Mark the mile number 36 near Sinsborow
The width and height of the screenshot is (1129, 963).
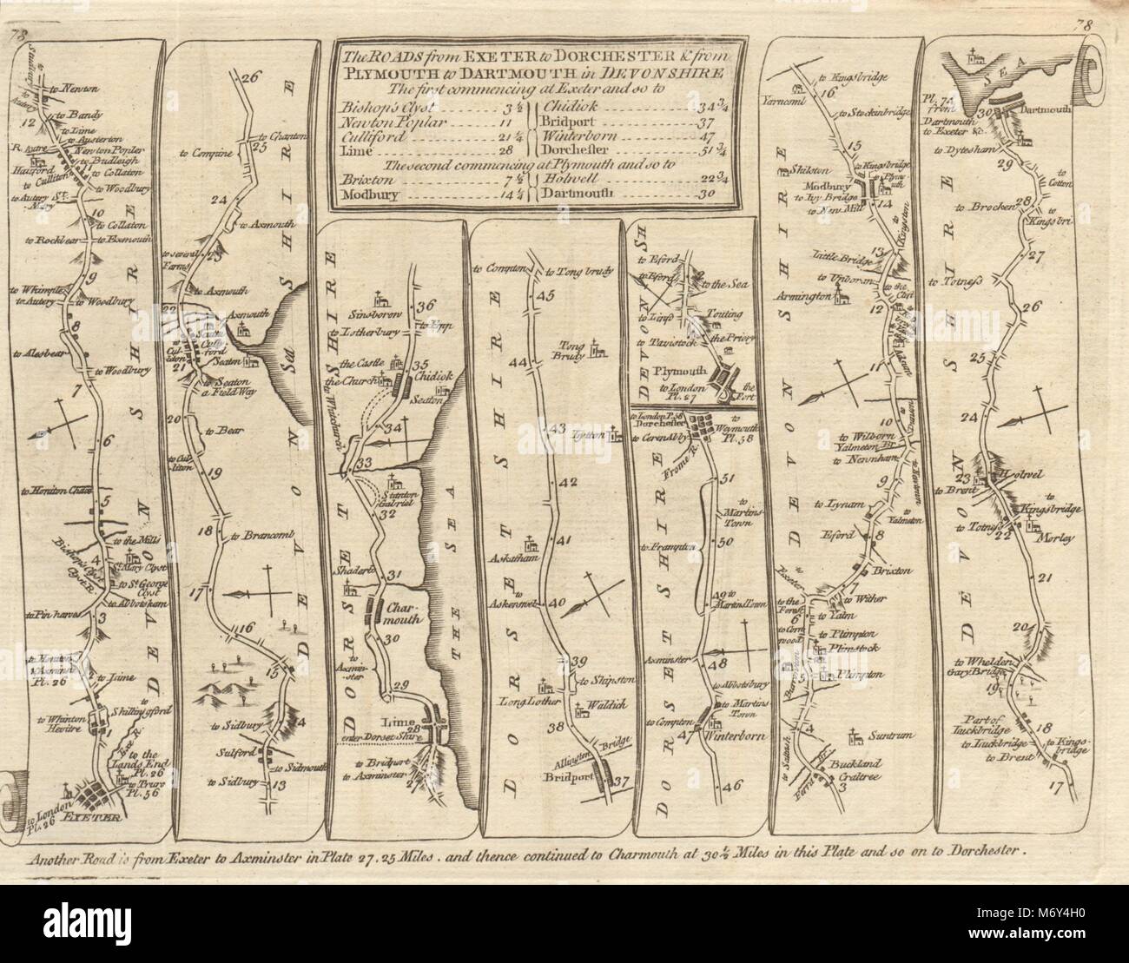pyautogui.click(x=424, y=305)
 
